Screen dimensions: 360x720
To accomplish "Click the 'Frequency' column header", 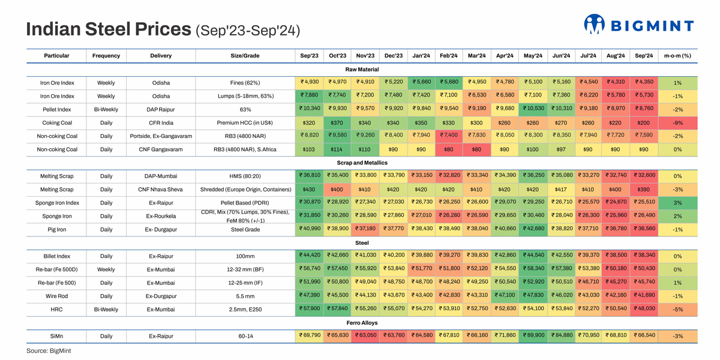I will pos(106,56).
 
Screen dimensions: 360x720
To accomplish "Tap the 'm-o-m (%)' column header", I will pos(677,56).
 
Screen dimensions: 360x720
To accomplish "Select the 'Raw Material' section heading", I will pos(362,70).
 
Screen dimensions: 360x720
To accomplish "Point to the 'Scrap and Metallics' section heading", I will pos(362,163).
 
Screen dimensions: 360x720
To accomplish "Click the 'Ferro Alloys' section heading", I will pos(362,323).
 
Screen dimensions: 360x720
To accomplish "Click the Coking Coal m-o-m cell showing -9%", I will pos(677,123).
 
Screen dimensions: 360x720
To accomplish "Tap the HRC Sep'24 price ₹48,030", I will pos(644,309).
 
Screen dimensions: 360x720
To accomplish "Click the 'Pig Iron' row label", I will pos(56,229).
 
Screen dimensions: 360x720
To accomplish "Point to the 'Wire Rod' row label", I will pos(56,296).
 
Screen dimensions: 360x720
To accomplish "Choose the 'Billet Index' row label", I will pos(56,256).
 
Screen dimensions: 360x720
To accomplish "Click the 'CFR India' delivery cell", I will pos(161,123).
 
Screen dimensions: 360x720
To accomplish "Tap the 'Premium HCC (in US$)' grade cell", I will pos(245,123).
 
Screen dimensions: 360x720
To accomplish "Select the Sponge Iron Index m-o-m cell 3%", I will pos(677,203).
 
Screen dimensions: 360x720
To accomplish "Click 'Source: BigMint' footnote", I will pos(49,350).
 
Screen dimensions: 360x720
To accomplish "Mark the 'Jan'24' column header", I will pos(421,56).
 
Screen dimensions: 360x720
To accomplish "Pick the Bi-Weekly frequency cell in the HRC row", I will pos(106,309).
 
